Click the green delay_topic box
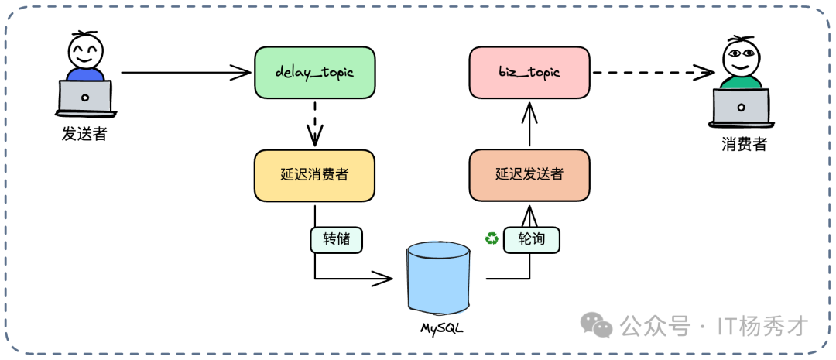point(314,72)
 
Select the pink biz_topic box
point(529,72)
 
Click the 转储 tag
point(337,239)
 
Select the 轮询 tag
point(531,239)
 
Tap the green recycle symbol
point(492,238)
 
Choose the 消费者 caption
point(744,144)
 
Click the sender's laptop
point(85,98)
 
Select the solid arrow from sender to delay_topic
point(186,73)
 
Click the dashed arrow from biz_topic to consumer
point(654,73)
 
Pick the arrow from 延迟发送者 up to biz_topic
point(529,124)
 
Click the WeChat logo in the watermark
point(598,325)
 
